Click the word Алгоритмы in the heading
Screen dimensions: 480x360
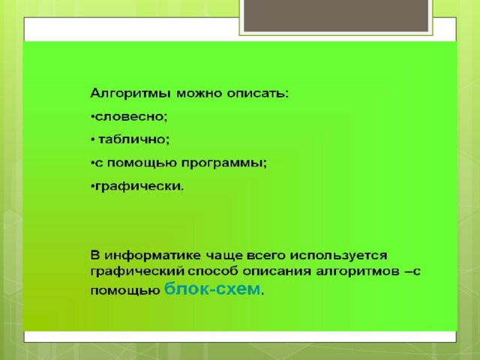[130, 93]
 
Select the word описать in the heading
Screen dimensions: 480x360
[258, 93]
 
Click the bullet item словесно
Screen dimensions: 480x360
[131, 117]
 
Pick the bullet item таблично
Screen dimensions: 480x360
[133, 139]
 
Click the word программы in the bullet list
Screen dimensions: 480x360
[224, 163]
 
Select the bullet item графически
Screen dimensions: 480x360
[139, 187]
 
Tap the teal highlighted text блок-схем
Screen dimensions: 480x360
[212, 289]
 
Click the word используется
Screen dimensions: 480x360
[338, 256]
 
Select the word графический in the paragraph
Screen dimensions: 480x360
[137, 271]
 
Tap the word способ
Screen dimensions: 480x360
[213, 271]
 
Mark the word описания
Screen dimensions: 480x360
[277, 271]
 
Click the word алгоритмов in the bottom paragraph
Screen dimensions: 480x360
[358, 271]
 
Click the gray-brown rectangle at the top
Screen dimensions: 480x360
[336, 15]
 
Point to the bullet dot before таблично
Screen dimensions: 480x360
[93, 140]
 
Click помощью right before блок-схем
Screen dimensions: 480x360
[125, 291]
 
